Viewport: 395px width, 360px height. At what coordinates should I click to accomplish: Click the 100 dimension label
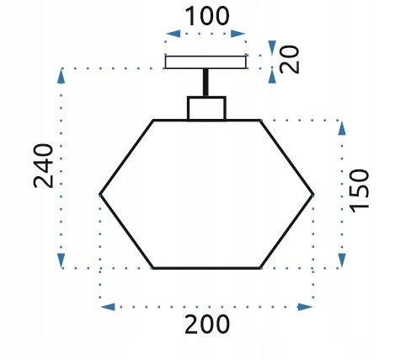[207, 16]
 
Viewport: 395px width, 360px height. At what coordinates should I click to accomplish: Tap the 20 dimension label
[290, 59]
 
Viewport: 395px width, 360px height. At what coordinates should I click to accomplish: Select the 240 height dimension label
[43, 166]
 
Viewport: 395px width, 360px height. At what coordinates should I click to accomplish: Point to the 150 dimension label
[359, 191]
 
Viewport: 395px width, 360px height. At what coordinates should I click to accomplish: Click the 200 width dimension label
[207, 325]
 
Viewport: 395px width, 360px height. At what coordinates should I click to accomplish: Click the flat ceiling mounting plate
[206, 62]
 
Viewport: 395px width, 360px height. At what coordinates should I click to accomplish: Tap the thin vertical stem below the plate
[206, 83]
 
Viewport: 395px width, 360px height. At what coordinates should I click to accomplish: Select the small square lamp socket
[206, 108]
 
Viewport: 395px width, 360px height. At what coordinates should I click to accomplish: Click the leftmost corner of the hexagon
[100, 194]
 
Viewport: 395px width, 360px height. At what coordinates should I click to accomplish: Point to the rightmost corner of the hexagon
[312, 194]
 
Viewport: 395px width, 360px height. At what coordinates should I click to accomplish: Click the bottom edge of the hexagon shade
[206, 268]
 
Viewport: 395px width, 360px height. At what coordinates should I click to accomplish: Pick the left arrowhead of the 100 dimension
[173, 34]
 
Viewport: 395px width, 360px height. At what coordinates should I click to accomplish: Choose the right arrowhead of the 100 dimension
[238, 34]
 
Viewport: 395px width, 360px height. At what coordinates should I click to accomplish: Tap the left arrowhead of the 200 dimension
[108, 307]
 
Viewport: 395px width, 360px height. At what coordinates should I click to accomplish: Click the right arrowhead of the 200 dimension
[305, 307]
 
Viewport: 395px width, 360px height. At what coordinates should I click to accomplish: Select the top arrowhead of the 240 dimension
[61, 77]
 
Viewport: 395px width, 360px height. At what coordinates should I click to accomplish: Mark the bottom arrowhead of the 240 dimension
[61, 261]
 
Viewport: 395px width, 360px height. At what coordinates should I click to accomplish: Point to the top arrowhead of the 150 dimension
[342, 128]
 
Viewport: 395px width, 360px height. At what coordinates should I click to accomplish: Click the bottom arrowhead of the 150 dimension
[342, 261]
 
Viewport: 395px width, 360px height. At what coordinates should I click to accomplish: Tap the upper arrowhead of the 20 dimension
[272, 48]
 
